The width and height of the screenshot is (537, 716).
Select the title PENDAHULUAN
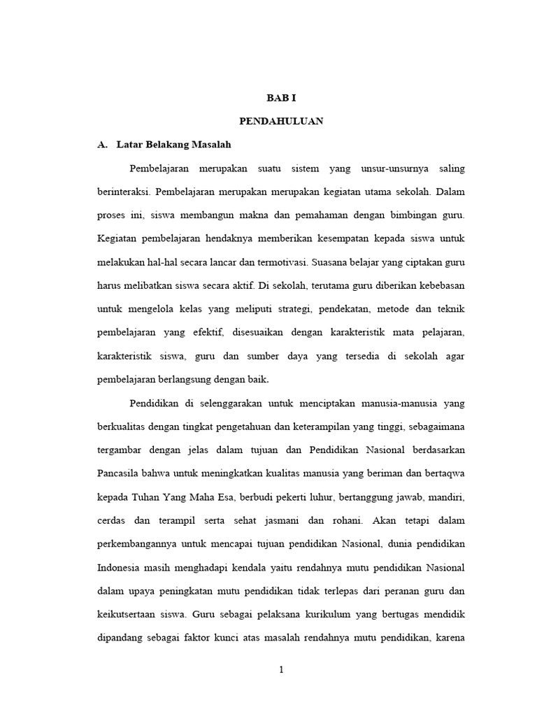(281, 121)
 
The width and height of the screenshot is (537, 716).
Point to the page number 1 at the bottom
(281, 669)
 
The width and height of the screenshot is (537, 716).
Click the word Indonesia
(120, 568)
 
